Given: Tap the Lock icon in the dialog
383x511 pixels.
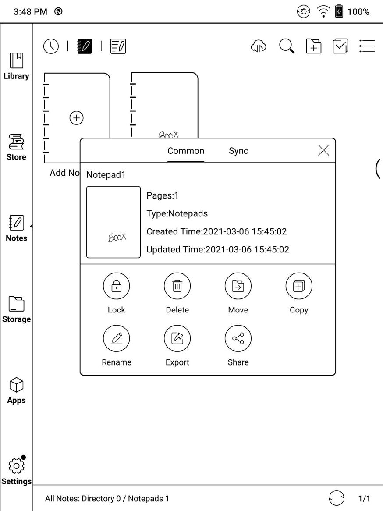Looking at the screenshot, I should tap(117, 286).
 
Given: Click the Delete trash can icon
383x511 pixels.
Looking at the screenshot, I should tap(177, 286).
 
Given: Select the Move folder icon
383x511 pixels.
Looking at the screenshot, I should tap(238, 286).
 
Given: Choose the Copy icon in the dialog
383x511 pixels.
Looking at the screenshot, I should tap(299, 286).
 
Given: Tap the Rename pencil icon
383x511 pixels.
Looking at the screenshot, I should tap(117, 339).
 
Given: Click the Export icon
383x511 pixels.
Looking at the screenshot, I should tap(177, 339).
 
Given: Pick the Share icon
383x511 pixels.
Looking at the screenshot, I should tap(238, 339).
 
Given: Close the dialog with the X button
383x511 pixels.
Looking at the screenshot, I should tap(323, 150).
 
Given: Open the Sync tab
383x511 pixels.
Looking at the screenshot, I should tap(238, 151).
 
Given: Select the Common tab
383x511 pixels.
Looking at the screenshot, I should tap(186, 151).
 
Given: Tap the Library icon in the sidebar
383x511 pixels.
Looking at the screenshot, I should tap(16, 61).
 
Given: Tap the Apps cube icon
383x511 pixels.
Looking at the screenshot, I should tap(16, 385).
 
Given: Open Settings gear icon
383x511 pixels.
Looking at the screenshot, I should tap(16, 466).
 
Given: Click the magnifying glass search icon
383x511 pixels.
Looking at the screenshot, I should tap(287, 46).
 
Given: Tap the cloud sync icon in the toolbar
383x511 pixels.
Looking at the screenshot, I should tap(259, 46).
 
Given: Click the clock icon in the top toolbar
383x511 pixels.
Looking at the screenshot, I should tap(51, 46).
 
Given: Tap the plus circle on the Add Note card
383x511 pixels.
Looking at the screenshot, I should tap(77, 117).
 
